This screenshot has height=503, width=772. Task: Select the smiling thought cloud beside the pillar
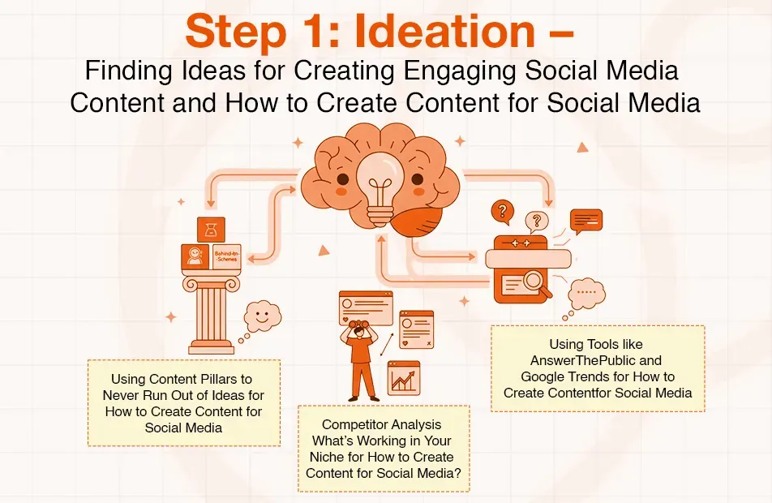[262, 312]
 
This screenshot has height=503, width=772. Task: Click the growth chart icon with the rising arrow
[403, 377]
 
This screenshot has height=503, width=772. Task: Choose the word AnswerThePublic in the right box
[597, 360]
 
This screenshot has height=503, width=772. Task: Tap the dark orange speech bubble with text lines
[585, 220]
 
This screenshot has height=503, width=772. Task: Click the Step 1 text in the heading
[246, 31]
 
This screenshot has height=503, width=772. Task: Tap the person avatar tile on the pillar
[195, 257]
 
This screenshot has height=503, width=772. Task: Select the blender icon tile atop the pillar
[211, 230]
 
